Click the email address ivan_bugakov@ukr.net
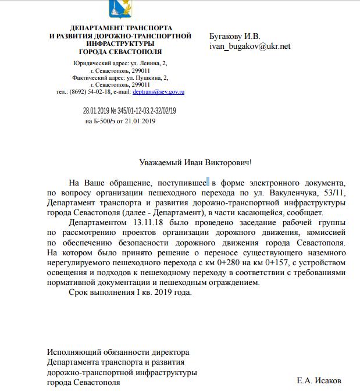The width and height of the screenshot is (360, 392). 249,47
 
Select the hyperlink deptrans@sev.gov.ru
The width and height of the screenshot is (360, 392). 166,92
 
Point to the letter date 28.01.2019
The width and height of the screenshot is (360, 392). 97,111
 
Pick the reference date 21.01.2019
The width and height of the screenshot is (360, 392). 138,121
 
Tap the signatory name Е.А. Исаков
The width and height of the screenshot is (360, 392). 319,381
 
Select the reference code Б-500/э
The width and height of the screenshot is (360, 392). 106,121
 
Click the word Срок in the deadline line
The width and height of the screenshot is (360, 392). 79,292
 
